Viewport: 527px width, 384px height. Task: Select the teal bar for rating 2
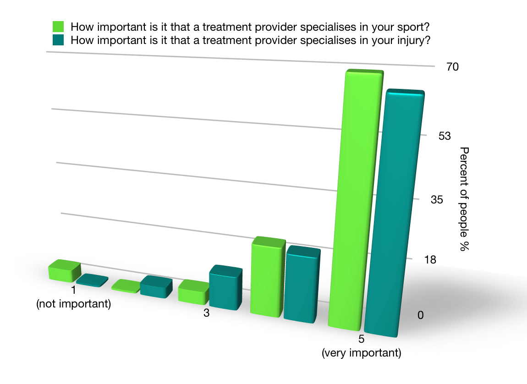156,287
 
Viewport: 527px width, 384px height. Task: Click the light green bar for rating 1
64,271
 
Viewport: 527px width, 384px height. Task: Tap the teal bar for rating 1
92,280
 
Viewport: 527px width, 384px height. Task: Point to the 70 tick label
452,67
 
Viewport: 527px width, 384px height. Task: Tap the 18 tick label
430,260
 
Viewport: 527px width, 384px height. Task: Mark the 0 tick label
421,315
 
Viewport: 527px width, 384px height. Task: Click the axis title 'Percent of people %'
465,199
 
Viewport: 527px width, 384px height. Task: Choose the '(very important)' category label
362,353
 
